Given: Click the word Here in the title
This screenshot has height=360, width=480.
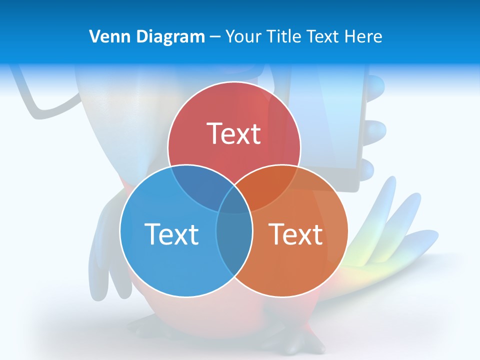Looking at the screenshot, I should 364,36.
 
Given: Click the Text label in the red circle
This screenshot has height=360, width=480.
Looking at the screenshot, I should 234,133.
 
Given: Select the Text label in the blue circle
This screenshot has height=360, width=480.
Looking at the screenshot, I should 171,233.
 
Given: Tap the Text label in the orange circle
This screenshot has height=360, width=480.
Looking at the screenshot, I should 295,233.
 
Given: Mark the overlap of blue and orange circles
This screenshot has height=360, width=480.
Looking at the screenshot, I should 234,240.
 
